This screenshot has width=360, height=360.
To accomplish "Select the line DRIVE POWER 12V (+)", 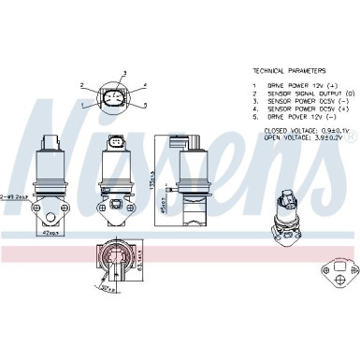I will coord(297,86).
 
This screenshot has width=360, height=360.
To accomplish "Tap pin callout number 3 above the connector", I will coord(124,72).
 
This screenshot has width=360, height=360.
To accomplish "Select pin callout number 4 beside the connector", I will coord(145,86).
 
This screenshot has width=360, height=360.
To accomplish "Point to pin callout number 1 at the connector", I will coord(81,104).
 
